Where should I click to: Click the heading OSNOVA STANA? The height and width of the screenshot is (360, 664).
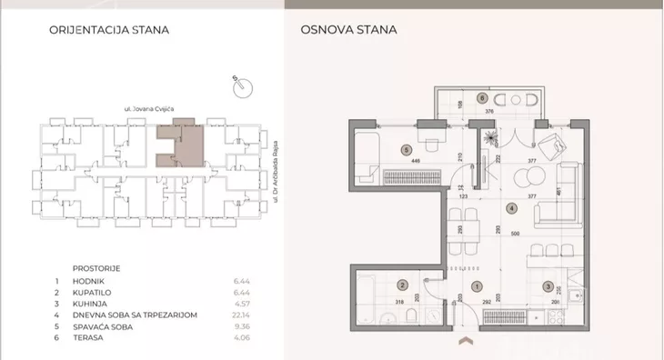pyautogui.click(x=348, y=29)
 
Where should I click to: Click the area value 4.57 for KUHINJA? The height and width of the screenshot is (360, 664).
pyautogui.click(x=241, y=304)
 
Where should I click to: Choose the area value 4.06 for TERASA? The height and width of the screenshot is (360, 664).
pyautogui.click(x=241, y=337)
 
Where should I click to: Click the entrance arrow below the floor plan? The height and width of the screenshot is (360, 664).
pyautogui.click(x=468, y=341)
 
